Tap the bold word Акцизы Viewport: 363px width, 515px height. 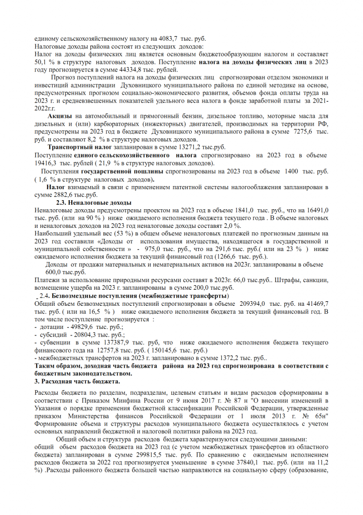tap(59, 116)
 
